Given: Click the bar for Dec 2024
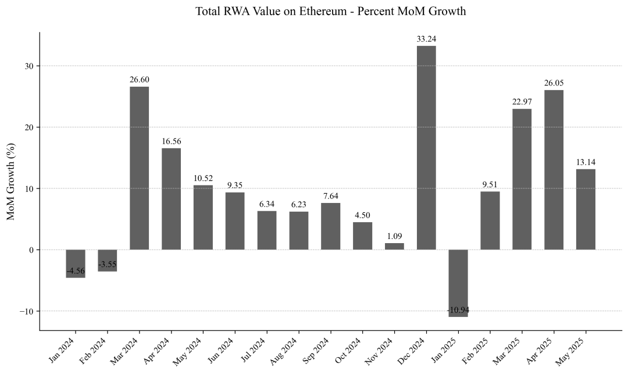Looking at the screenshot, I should tap(426, 148).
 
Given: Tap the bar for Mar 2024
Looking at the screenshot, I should tap(139, 168).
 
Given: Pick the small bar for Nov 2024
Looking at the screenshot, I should tap(394, 246).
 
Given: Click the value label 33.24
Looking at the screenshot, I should tap(426, 39).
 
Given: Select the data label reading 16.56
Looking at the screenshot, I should tap(171, 141).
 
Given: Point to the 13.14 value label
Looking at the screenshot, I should tap(586, 162).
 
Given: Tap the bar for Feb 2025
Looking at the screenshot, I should tap(490, 220).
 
